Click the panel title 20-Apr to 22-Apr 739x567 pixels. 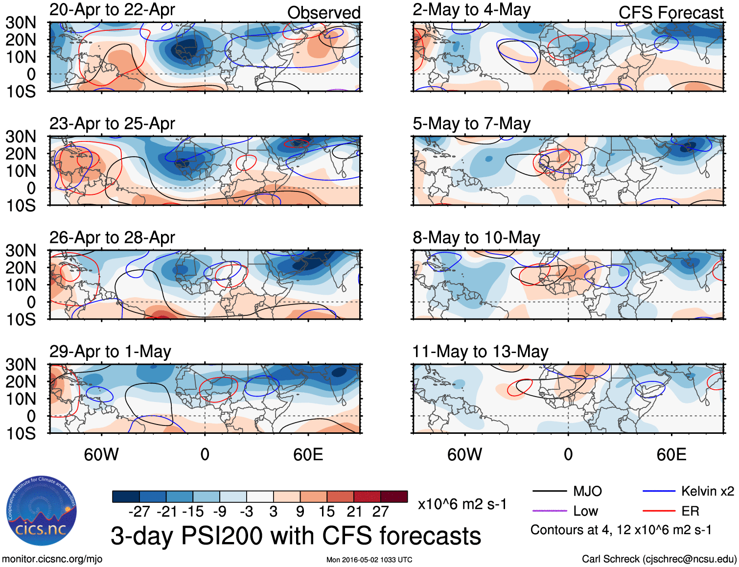[112, 10]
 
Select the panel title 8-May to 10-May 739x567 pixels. [476, 238]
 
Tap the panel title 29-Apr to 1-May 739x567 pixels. [110, 352]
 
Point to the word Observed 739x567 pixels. [323, 13]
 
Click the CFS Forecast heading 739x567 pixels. [670, 13]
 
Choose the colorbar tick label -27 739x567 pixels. [139, 512]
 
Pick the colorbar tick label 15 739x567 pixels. [326, 512]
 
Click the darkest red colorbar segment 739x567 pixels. [394, 496]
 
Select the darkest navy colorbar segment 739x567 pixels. [126, 496]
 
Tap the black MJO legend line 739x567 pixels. [549, 491]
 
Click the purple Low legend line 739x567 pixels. [549, 511]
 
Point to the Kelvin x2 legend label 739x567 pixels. [707, 491]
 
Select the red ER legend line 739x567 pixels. [658, 511]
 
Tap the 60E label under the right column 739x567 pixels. [671, 455]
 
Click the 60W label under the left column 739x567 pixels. [101, 455]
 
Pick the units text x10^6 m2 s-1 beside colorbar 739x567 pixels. [462, 504]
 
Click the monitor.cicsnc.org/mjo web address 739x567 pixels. [52, 559]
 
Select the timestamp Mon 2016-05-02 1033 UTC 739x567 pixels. [369, 560]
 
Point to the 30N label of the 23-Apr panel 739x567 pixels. [21, 137]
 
